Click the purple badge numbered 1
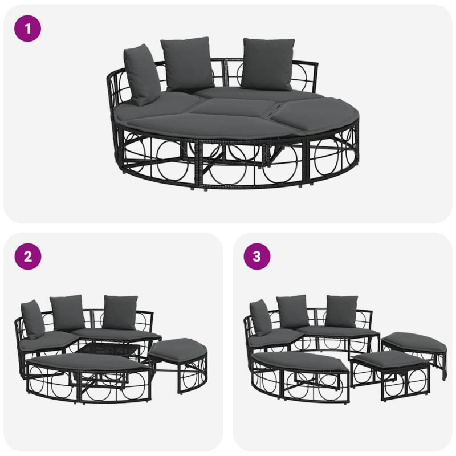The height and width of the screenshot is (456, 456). click(x=27, y=28)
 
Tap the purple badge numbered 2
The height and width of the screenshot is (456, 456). click(x=27, y=256)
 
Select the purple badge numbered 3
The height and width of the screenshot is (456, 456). click(x=257, y=256)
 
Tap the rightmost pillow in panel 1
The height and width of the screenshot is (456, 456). click(x=267, y=64)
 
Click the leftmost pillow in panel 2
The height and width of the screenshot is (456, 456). click(x=32, y=319)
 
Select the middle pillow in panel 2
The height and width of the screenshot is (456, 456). click(x=67, y=312)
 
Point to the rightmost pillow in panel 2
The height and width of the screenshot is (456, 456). click(x=120, y=312)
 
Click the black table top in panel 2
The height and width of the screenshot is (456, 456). click(x=108, y=349)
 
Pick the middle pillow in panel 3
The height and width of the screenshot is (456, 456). click(x=293, y=311)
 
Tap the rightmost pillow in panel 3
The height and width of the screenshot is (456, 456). click(x=342, y=311)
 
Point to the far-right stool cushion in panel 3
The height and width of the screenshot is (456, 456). click(x=413, y=339)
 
